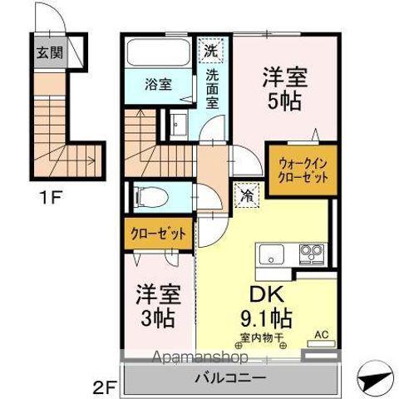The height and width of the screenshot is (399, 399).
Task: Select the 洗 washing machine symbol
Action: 211,50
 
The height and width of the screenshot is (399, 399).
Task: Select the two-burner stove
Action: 312,252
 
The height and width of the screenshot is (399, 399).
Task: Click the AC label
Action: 321,336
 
